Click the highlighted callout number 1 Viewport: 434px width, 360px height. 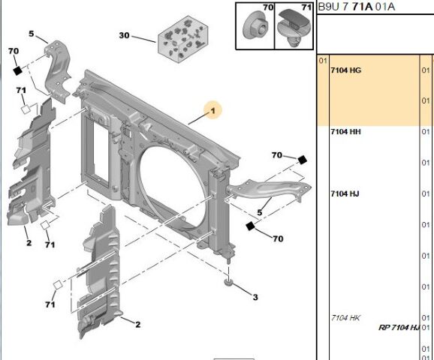pos(213,111)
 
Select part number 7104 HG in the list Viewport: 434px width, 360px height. pos(345,70)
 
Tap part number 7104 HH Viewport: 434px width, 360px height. pos(345,132)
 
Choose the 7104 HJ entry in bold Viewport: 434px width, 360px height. pos(345,194)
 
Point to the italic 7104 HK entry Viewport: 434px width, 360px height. pos(345,318)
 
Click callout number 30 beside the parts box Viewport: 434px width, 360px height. pos(125,35)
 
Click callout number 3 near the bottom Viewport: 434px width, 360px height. pos(255,298)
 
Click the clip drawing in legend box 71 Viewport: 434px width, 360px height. pos(294,27)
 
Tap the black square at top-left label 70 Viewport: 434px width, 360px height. pos(16,70)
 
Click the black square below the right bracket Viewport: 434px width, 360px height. pos(250,225)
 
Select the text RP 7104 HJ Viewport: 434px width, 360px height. pos(398,328)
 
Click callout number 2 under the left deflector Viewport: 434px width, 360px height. pos(29,242)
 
